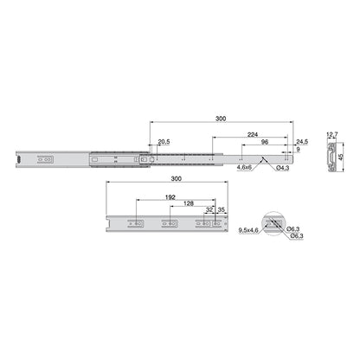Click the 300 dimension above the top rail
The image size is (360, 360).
(x=221, y=119)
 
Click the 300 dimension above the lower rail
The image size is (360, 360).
(x=177, y=178)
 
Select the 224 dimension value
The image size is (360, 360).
(x=253, y=134)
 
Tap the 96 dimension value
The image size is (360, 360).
(x=264, y=142)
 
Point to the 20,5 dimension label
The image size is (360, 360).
(x=164, y=142)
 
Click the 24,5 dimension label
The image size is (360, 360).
(x=302, y=142)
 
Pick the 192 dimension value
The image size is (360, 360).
(x=170, y=197)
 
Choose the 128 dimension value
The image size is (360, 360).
(x=189, y=203)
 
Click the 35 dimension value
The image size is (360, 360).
(x=222, y=209)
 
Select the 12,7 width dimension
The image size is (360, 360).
(x=332, y=134)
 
